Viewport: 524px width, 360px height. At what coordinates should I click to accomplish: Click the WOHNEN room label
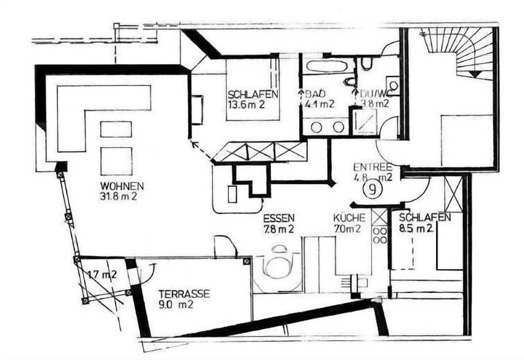click(122, 185)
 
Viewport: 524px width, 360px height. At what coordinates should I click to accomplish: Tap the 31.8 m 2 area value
click(118, 196)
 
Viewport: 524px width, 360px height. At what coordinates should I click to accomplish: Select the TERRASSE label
click(184, 294)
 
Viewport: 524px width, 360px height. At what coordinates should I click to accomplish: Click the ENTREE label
click(373, 167)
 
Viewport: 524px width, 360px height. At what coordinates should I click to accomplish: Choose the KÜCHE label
click(349, 218)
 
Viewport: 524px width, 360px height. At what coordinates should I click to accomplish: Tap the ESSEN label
click(279, 218)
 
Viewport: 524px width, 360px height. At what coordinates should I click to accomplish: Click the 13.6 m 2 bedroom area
click(246, 105)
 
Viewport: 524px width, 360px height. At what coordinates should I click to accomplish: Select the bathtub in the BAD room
click(326, 65)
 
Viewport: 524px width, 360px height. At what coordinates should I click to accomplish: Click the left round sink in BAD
click(317, 127)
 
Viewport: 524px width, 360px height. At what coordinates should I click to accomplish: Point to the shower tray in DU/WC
click(365, 122)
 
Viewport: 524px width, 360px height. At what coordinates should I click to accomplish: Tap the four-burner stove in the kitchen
click(380, 236)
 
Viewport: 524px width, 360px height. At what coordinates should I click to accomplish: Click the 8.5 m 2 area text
click(416, 229)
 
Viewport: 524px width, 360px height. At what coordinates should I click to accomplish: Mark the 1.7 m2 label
click(103, 275)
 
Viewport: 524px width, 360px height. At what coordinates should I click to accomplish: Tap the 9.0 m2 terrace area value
click(176, 304)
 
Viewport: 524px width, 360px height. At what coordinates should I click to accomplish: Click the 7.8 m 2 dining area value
click(278, 229)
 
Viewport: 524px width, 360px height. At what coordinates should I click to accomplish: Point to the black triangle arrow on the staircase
click(475, 74)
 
